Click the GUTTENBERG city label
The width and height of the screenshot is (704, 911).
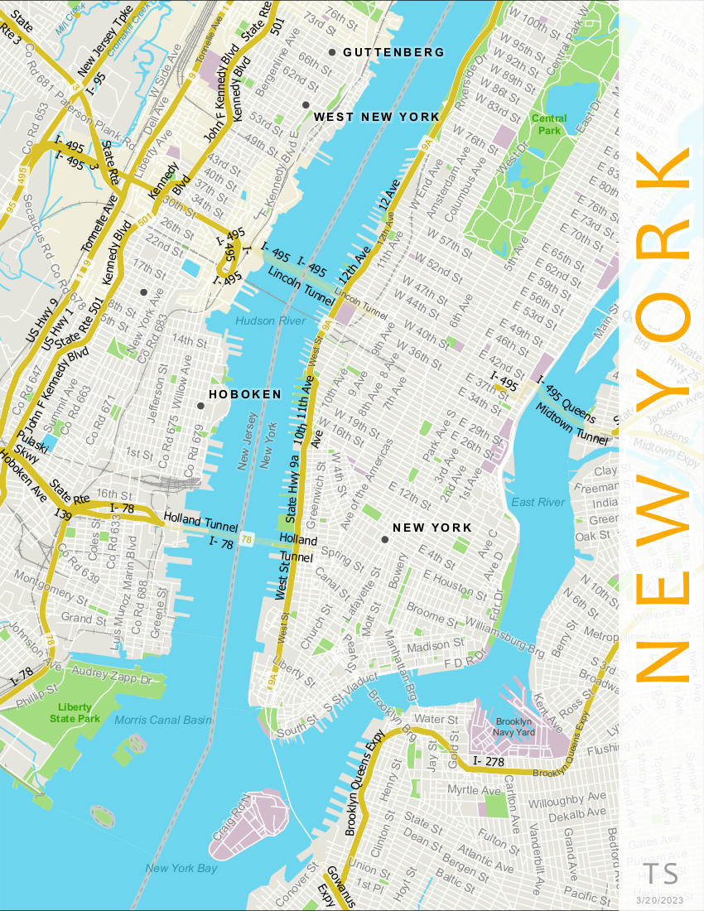coord(393,52)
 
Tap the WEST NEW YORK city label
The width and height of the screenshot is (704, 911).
coord(377,117)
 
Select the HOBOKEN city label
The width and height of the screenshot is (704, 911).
coord(245,394)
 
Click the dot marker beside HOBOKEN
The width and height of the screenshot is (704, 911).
coord(200,406)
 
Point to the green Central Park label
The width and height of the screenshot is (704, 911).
coord(549,124)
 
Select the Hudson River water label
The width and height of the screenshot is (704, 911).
coord(271,321)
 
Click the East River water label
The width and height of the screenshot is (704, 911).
coord(538,502)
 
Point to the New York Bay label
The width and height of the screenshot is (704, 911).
coord(181,868)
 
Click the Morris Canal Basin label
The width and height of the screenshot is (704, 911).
coord(162,720)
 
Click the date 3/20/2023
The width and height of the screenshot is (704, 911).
coord(660,899)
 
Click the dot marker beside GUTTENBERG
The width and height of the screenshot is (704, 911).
coord(332,52)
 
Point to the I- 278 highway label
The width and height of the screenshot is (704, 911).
coord(488,760)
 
